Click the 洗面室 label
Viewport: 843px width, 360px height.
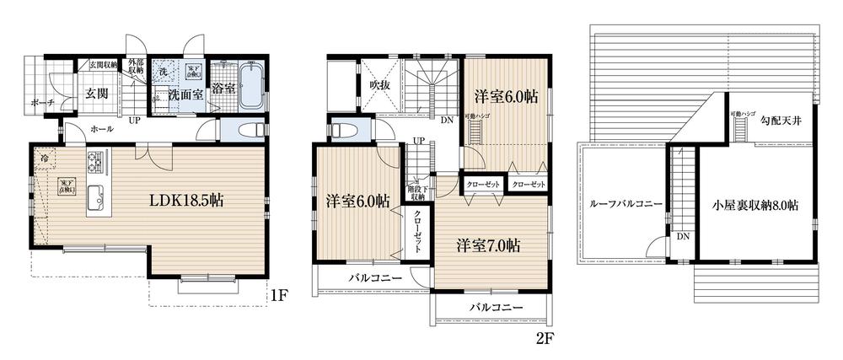point(184,94)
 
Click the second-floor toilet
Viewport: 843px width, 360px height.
point(345,131)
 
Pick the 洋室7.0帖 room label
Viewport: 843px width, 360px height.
point(488,245)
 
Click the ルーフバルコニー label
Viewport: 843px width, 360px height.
point(626,203)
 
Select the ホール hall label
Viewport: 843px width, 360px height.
point(79,129)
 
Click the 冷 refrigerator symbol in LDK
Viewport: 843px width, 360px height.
point(41,158)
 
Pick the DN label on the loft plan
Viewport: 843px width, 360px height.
point(681,236)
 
